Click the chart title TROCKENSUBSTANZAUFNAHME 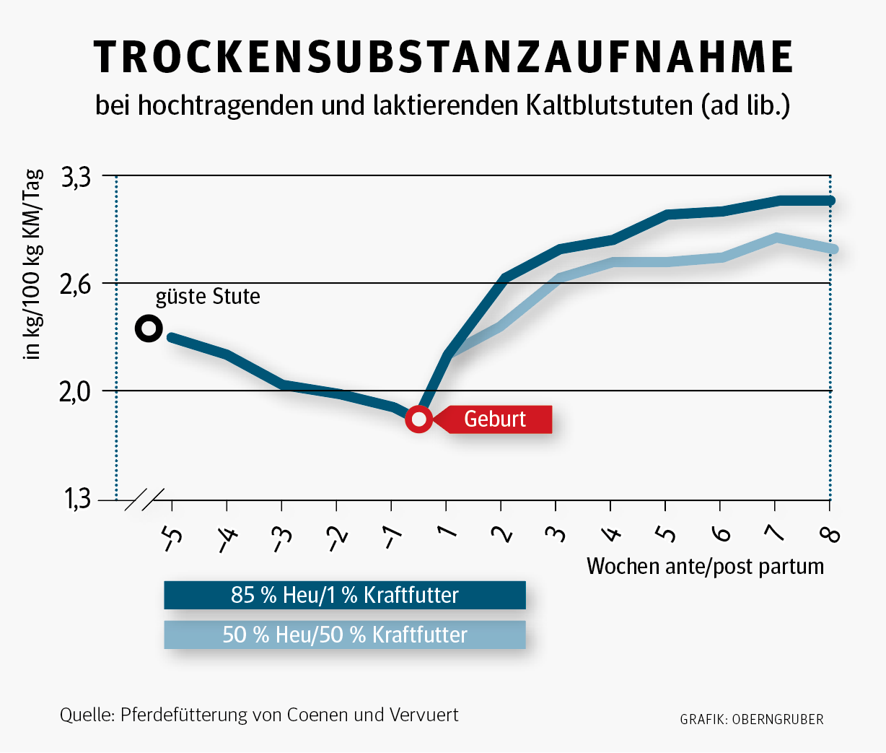(443, 57)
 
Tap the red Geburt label (496, 419)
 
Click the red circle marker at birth (418, 419)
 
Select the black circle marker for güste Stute (149, 328)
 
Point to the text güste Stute (208, 297)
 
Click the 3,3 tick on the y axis (76, 176)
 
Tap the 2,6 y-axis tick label (76, 284)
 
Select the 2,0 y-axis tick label (76, 391)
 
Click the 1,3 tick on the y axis (76, 499)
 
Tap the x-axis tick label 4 (611, 535)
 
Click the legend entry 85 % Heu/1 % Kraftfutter (345, 595)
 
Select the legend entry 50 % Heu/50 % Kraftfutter (345, 635)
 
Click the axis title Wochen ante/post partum (705, 566)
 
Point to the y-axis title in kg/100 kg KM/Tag (34, 264)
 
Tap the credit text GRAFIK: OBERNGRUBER (751, 719)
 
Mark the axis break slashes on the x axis (144, 500)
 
